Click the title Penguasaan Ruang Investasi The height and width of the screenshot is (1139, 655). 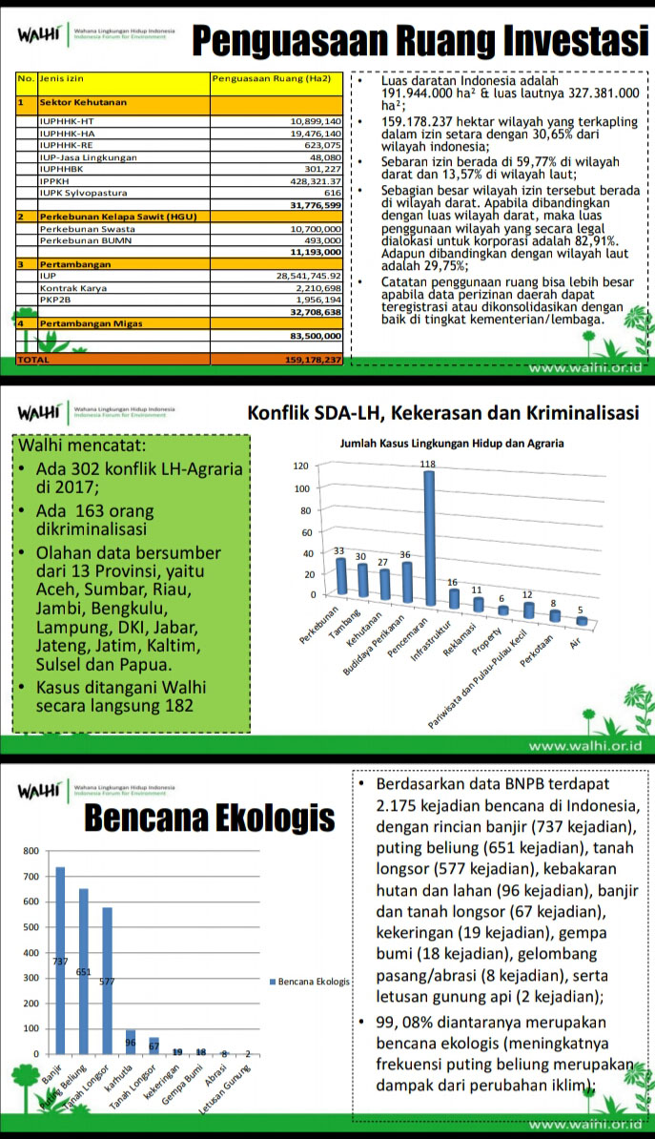[x=415, y=39]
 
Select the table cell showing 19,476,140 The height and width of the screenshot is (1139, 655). [x=316, y=134]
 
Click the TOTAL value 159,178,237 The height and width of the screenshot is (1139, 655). [x=305, y=360]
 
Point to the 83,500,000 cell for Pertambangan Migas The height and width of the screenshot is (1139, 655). [x=315, y=336]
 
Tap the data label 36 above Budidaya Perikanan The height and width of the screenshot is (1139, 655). [x=404, y=554]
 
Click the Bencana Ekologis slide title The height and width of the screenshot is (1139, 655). [x=211, y=818]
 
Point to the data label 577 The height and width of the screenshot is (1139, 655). [x=107, y=982]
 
